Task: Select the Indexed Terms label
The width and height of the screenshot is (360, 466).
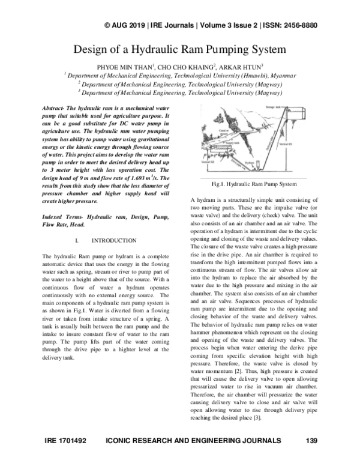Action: (x=64, y=216)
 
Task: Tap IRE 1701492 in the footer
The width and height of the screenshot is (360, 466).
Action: (x=67, y=440)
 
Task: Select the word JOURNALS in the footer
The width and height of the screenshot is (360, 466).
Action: (x=259, y=440)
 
